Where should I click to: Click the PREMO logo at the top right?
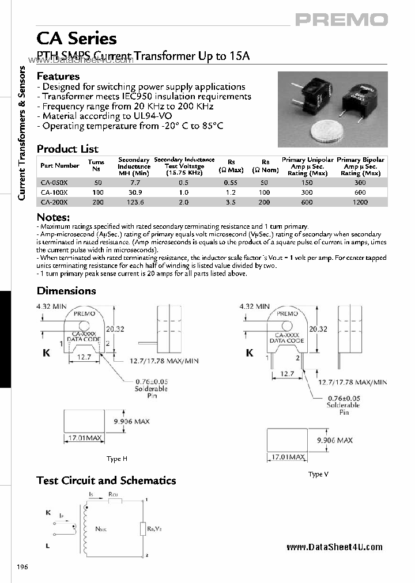341,20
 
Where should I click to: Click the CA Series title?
77,39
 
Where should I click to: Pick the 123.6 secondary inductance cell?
134,202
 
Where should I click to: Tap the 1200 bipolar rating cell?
360,202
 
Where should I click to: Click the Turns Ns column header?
96,166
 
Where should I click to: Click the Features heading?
58,76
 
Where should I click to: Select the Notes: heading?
53,217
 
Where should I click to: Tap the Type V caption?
318,474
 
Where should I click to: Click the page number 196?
22,567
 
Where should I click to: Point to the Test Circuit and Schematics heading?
106,480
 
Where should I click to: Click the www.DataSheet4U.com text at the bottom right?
334,547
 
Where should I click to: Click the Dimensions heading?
66,291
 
